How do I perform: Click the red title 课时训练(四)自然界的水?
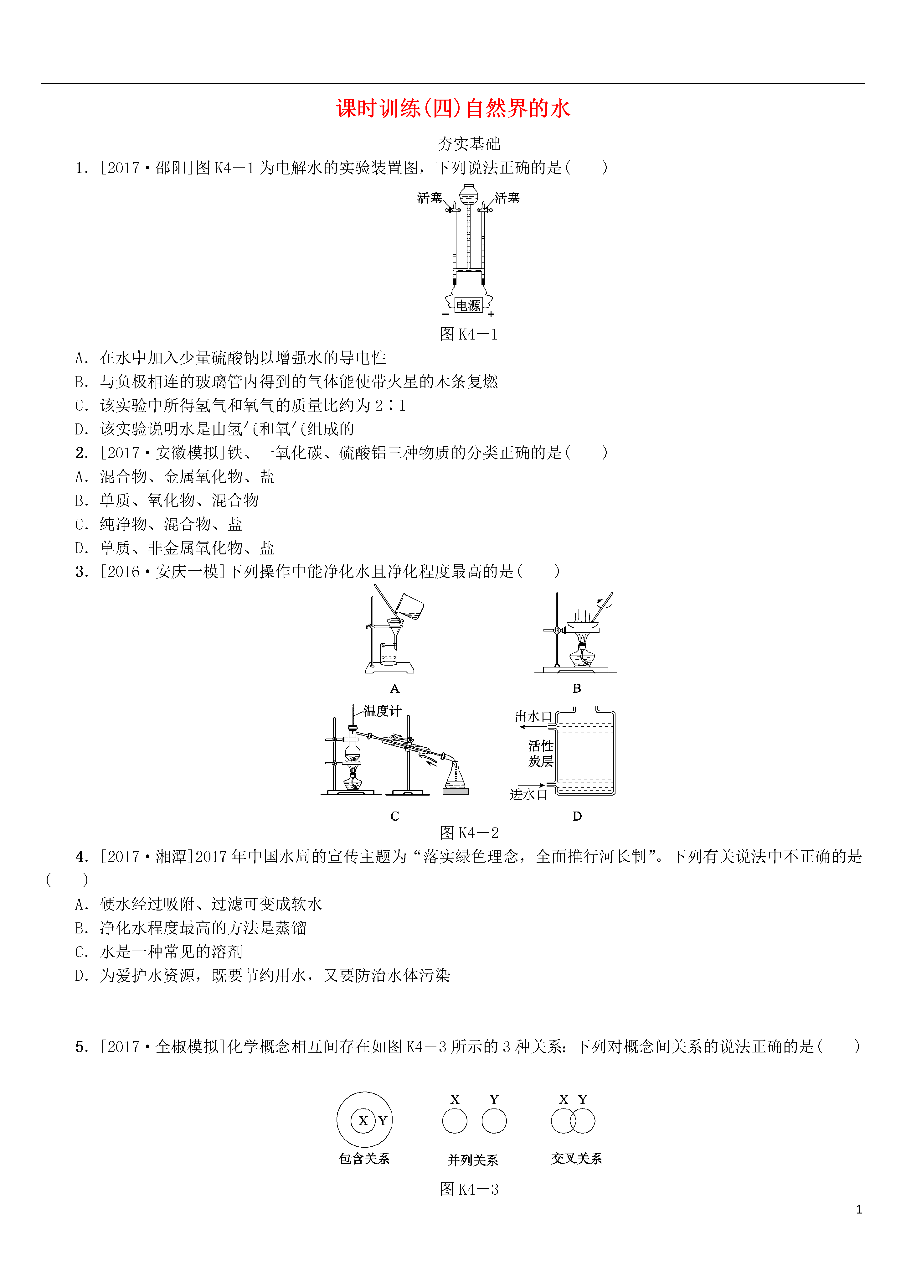tap(453, 108)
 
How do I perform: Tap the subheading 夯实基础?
tap(469, 144)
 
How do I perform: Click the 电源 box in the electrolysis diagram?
tap(468, 305)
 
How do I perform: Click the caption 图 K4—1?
tap(469, 335)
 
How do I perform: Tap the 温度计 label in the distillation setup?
tap(382, 711)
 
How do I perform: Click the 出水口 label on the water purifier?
tap(533, 716)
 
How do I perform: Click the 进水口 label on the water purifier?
tap(528, 794)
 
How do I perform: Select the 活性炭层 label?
tap(540, 753)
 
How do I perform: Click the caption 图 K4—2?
tap(469, 833)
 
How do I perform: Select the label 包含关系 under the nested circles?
tap(364, 1159)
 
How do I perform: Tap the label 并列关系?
tap(472, 1160)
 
